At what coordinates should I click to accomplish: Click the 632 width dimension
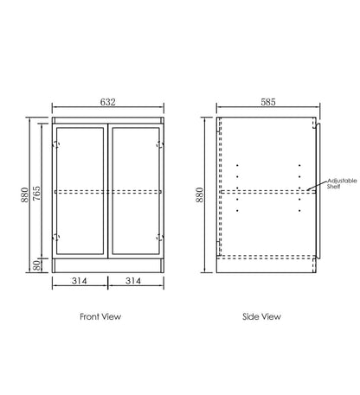(x=108, y=102)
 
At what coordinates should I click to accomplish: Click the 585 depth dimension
(x=268, y=102)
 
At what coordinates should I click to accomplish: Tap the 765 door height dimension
(x=37, y=194)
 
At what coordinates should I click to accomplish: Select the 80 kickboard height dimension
(x=37, y=265)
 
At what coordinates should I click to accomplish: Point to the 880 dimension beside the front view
(x=25, y=194)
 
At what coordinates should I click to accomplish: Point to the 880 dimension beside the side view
(x=200, y=194)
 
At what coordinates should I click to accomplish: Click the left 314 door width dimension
(x=80, y=281)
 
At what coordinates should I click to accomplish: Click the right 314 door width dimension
(x=133, y=281)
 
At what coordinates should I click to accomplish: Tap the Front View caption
(x=100, y=316)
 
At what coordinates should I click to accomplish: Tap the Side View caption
(x=261, y=316)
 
